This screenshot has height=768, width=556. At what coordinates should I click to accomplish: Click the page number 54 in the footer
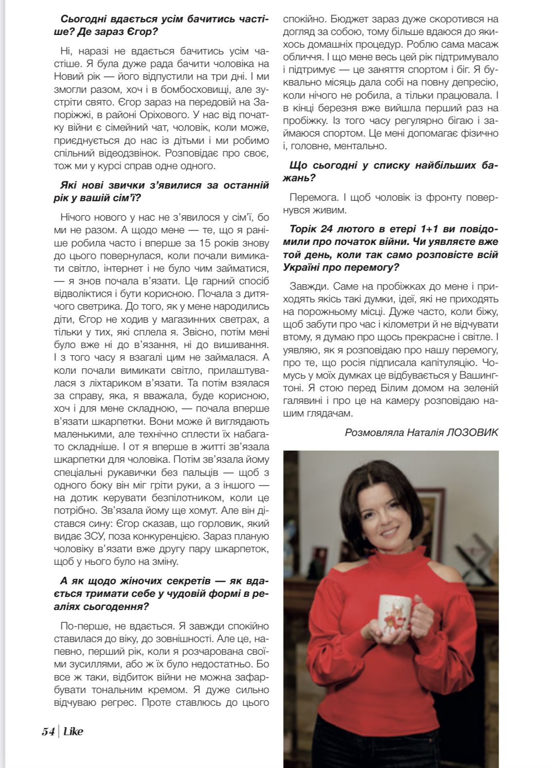click(x=48, y=732)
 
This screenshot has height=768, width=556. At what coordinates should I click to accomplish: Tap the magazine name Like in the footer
click(x=73, y=731)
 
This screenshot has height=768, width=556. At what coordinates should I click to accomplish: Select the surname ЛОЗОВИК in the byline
click(x=472, y=432)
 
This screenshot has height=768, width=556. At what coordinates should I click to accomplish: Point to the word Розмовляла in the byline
click(x=368, y=432)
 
